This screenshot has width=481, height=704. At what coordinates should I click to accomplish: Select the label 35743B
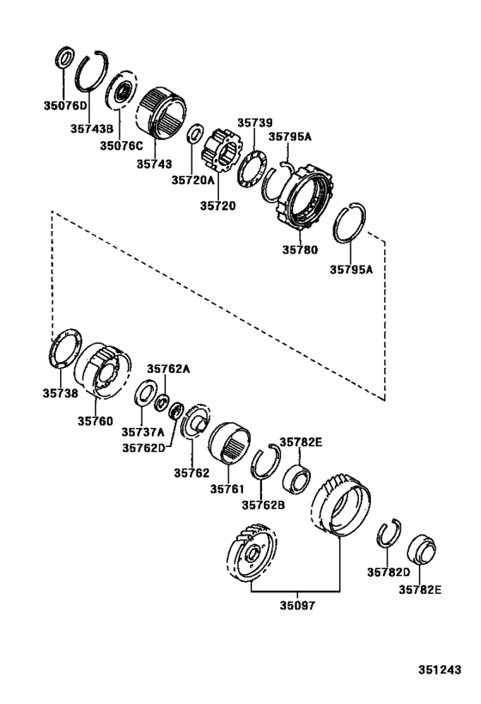92,129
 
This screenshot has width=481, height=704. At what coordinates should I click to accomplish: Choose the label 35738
60,393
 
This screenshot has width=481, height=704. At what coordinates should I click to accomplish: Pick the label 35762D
142,447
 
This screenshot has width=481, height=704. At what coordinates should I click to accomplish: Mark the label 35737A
142,432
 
